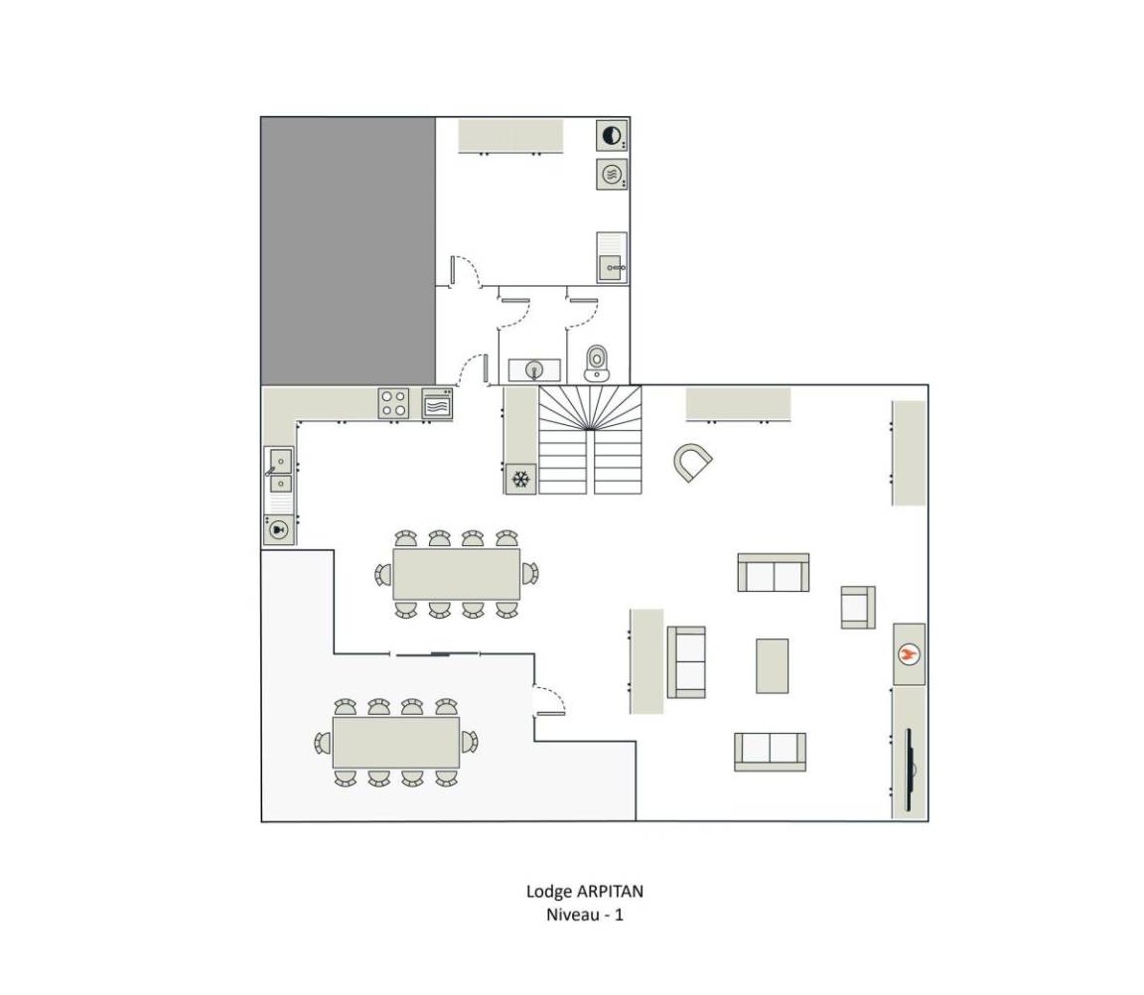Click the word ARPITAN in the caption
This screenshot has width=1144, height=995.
(x=610, y=892)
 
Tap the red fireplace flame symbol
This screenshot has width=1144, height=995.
(x=909, y=653)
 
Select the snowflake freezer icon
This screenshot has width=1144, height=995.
(x=520, y=480)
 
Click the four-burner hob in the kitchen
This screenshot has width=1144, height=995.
(x=393, y=403)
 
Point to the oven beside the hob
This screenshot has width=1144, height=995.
(x=437, y=403)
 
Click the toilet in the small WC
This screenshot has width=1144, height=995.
(x=596, y=363)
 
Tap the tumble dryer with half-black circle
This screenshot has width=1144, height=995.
(x=612, y=136)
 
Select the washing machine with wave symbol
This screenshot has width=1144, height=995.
(x=612, y=175)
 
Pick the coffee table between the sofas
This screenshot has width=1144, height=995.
(x=772, y=665)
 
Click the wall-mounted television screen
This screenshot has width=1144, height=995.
(x=909, y=769)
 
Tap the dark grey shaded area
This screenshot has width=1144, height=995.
(x=348, y=251)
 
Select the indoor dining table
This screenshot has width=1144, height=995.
(x=457, y=574)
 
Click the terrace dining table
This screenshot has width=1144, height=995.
(x=396, y=742)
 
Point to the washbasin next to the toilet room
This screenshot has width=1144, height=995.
(x=535, y=369)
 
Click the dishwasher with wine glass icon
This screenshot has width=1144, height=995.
(x=278, y=529)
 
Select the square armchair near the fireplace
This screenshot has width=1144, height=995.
(x=858, y=607)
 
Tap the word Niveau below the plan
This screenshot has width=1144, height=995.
(x=573, y=915)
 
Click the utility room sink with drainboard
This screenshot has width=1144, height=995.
(x=612, y=257)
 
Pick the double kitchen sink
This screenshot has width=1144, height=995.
(x=279, y=472)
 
